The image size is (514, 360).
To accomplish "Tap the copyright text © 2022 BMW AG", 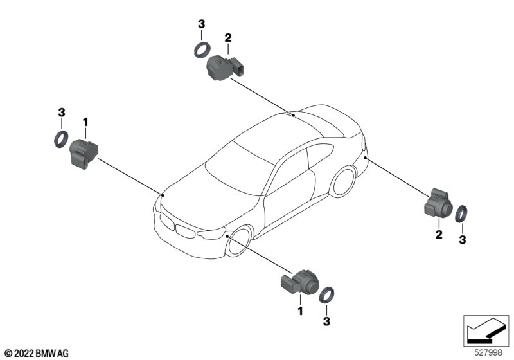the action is pos(37,353).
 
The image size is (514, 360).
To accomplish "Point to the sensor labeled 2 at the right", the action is pos(438,204).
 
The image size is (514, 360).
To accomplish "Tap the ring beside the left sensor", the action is pos(61,138).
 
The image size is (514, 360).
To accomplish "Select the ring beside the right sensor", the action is pos(462,213).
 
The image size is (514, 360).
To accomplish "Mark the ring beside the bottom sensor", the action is pos(327,294).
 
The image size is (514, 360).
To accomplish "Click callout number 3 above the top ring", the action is pos(201,24).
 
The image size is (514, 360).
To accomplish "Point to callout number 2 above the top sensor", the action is pos(228,39).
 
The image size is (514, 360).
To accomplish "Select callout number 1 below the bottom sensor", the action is pos(299,311).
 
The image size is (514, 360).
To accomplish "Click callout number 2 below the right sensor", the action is pos(439,235).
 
